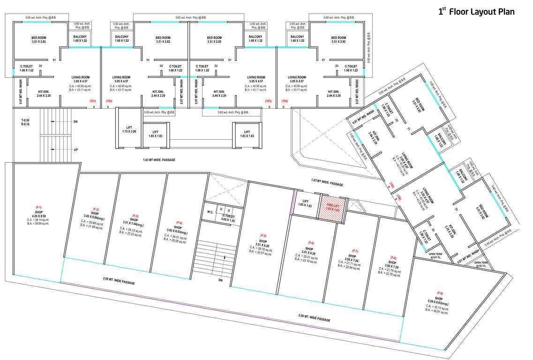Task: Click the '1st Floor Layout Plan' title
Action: point(476,12)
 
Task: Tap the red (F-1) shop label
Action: point(38,207)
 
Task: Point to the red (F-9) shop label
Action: point(440,293)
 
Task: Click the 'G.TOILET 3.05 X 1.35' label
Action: point(228,217)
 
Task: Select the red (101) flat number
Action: point(92,101)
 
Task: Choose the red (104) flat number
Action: point(285,101)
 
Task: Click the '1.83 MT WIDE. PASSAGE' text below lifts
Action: point(159,160)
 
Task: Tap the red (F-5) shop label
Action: point(263,235)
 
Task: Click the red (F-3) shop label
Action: point(135,216)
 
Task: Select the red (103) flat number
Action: point(268,101)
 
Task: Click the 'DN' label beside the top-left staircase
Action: point(75,121)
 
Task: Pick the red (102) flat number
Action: point(109,101)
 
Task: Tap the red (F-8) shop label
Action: point(393,257)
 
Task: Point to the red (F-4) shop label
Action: point(179,222)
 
